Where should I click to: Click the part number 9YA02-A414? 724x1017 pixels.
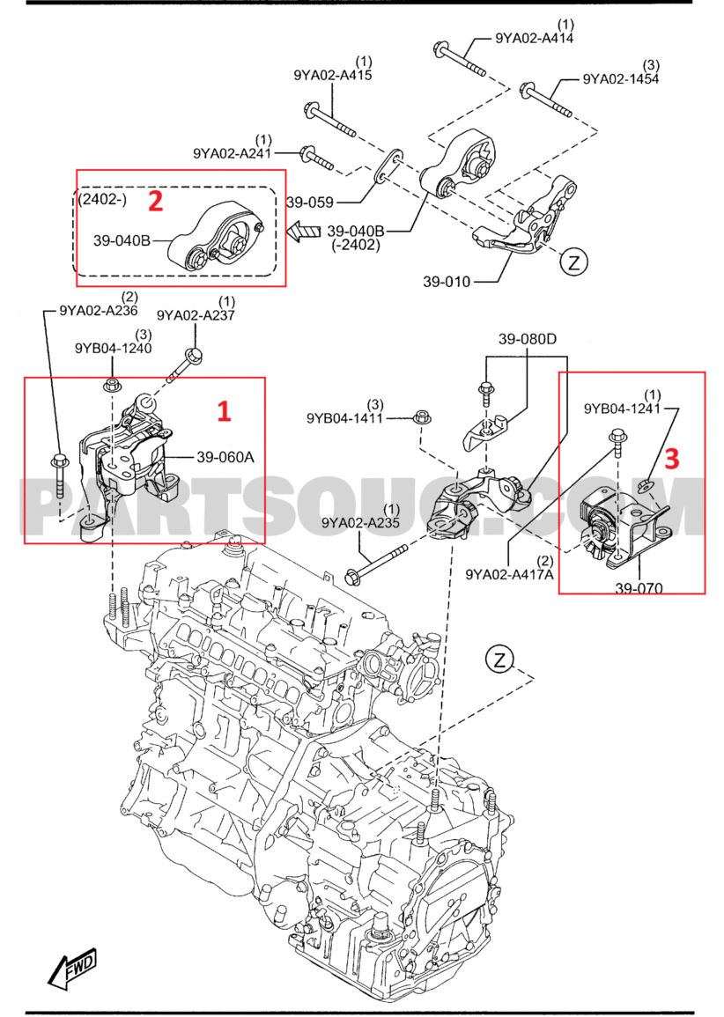(x=535, y=38)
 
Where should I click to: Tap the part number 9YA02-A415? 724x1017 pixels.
(x=333, y=76)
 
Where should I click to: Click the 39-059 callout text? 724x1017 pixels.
(x=309, y=203)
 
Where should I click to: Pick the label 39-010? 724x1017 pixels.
(x=447, y=283)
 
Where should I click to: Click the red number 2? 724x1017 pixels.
(x=155, y=201)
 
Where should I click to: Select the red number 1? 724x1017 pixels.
(x=224, y=409)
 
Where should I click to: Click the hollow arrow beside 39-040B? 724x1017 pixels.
(x=303, y=232)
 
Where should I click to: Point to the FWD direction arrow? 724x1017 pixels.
(x=73, y=969)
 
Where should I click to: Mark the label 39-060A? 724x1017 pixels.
(x=225, y=457)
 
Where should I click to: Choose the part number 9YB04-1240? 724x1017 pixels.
(x=113, y=348)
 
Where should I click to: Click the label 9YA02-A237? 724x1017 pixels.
(x=196, y=315)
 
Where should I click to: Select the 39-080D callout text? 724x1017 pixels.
(x=528, y=338)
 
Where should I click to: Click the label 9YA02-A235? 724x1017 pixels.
(x=360, y=523)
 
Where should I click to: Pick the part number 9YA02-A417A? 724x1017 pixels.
(x=510, y=574)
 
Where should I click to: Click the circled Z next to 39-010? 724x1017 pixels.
(x=573, y=262)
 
